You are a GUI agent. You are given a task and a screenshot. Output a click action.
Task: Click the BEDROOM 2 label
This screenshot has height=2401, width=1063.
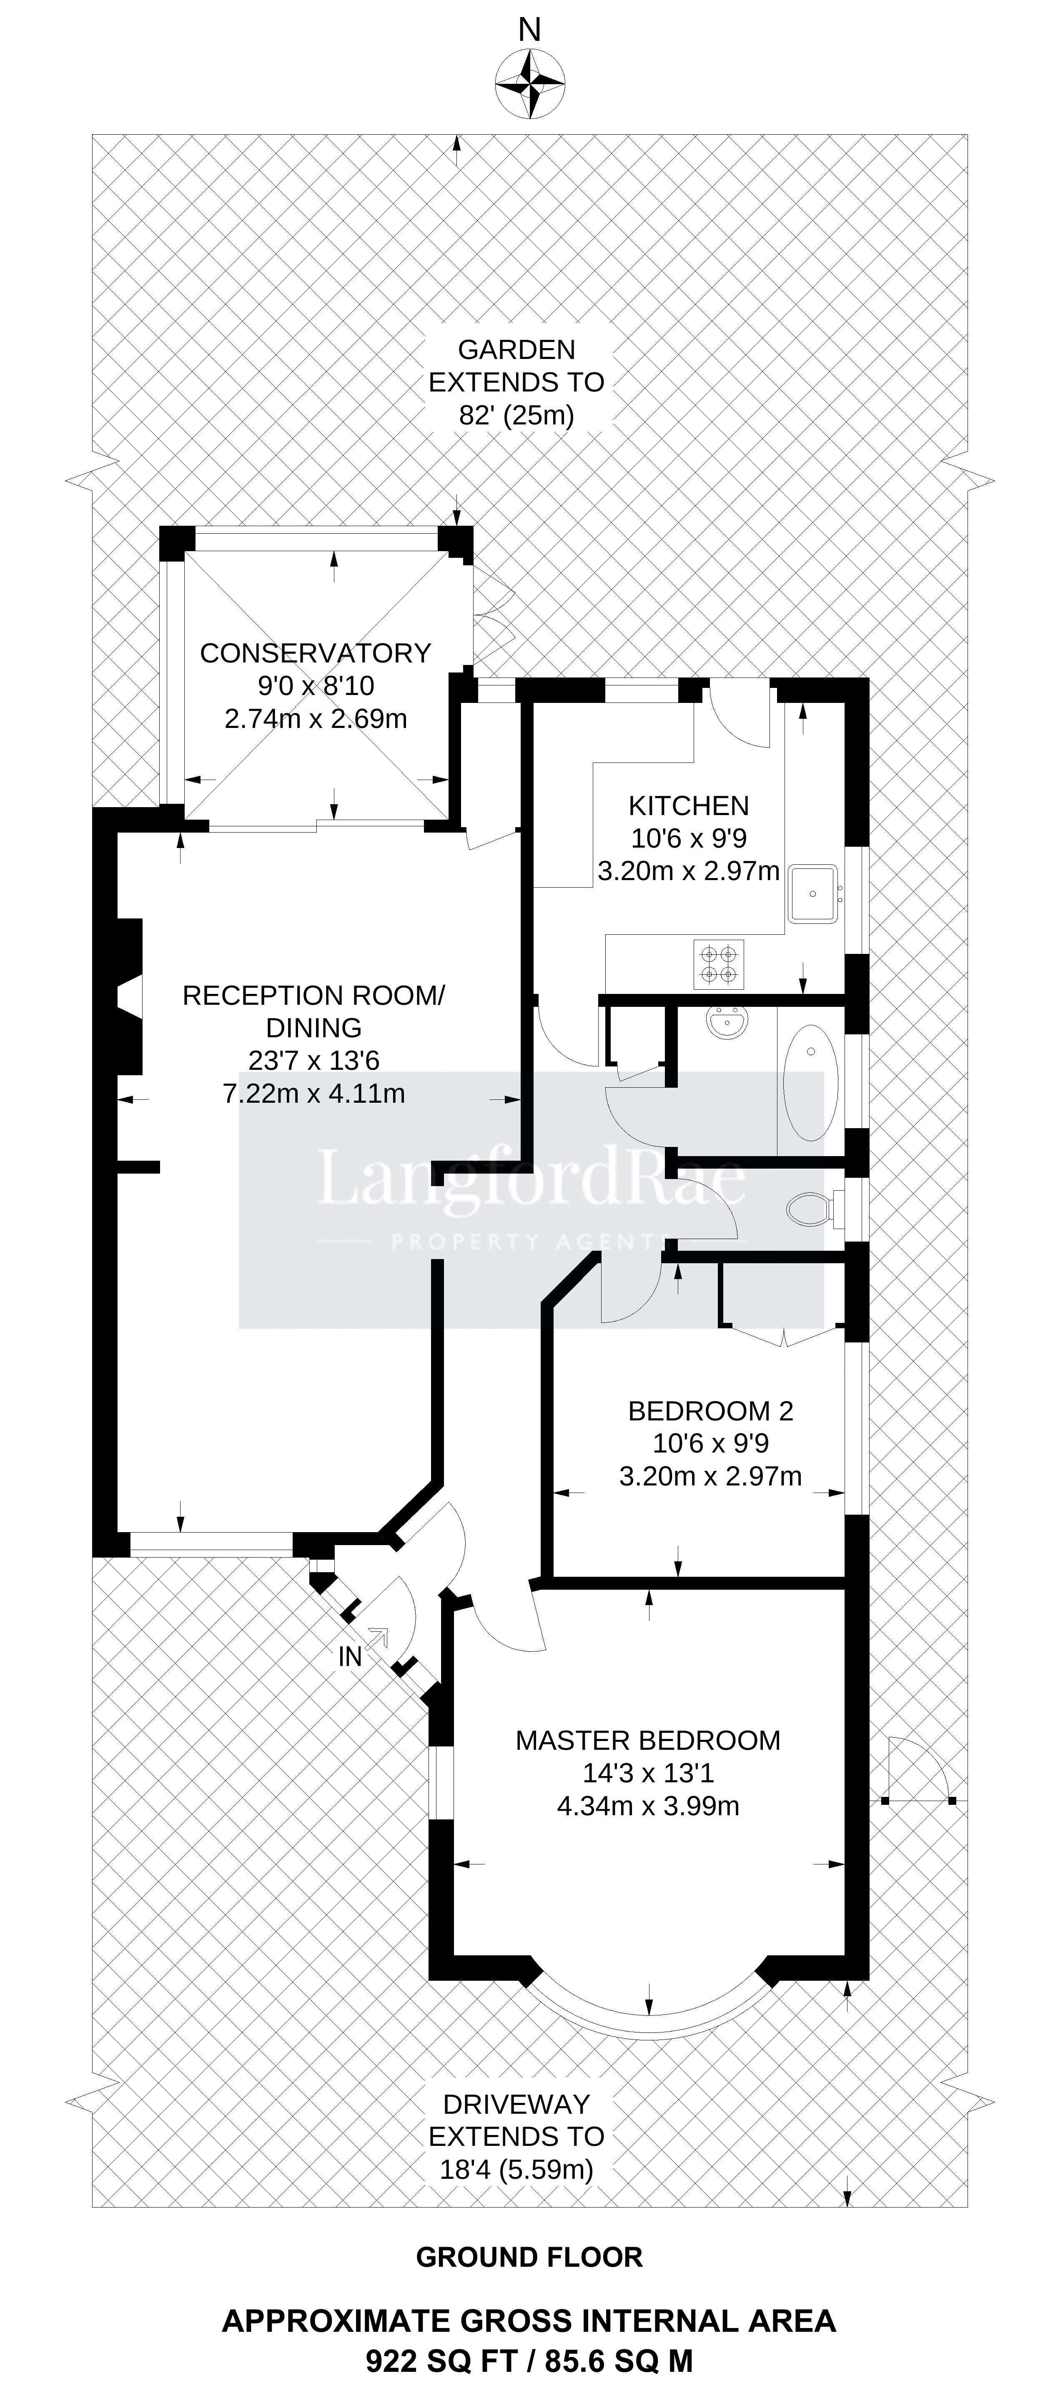pyautogui.click(x=711, y=1411)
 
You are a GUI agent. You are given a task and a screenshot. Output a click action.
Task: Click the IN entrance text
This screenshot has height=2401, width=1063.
pyautogui.click(x=349, y=1656)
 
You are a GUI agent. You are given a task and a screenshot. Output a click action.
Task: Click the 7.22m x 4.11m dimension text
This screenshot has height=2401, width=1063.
pyautogui.click(x=314, y=1093)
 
